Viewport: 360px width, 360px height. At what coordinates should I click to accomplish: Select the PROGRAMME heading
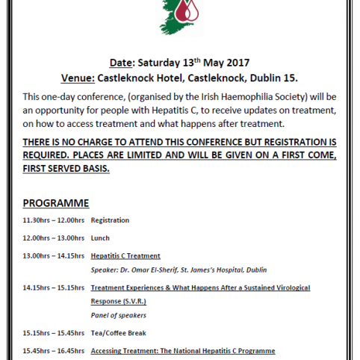click(56, 202)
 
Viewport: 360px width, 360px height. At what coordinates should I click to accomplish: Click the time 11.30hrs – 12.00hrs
click(53, 220)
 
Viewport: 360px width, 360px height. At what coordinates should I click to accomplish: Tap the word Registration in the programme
click(110, 220)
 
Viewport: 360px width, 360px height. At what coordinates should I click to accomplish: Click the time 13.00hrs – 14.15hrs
click(53, 256)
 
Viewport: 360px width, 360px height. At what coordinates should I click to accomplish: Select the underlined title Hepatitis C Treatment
click(125, 256)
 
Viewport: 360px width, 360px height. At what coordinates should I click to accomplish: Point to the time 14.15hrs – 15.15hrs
click(53, 288)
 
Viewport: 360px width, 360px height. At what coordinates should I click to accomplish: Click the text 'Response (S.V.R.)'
click(118, 301)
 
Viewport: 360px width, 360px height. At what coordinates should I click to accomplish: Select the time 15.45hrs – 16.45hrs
click(53, 351)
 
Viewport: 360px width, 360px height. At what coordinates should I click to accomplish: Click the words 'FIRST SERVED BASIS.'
click(66, 169)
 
